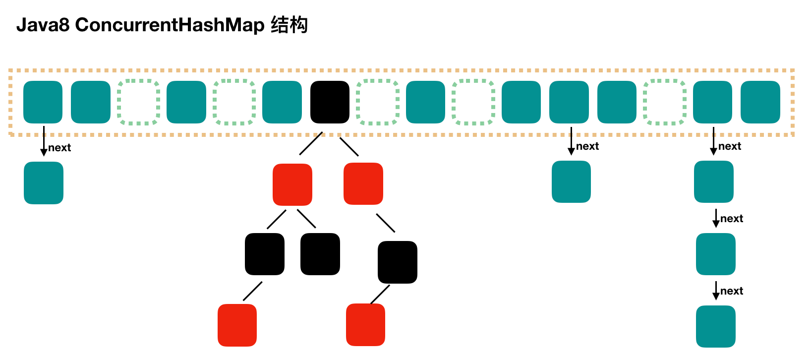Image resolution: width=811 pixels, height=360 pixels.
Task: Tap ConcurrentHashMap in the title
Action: [170, 25]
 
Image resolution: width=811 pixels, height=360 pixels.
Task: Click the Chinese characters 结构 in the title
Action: [289, 25]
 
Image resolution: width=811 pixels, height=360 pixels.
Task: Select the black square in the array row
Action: [330, 102]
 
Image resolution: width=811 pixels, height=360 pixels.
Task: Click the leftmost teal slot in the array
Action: [43, 102]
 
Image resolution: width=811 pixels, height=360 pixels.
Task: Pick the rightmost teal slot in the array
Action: [760, 102]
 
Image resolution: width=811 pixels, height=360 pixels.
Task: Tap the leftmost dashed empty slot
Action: [138, 102]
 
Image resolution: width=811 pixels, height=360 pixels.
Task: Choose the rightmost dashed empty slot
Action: [664, 102]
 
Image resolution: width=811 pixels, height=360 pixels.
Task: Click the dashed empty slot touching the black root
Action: [378, 102]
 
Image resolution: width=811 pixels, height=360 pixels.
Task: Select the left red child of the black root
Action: [292, 184]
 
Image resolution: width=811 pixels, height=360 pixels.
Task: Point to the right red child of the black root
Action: [363, 183]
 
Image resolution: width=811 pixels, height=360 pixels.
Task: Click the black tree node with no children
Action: [320, 254]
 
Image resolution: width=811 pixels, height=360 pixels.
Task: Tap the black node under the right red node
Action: [398, 262]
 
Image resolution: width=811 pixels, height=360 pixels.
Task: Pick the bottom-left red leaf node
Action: [237, 325]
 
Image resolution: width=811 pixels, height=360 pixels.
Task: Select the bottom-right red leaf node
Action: [365, 325]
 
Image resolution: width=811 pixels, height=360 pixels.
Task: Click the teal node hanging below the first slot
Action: [44, 183]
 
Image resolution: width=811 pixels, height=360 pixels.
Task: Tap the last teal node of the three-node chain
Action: [715, 326]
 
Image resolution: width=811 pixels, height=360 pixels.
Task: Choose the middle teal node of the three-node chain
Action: [715, 254]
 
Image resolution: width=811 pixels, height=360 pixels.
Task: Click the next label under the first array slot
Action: [59, 148]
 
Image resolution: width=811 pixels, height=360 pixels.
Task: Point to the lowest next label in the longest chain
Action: [731, 291]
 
